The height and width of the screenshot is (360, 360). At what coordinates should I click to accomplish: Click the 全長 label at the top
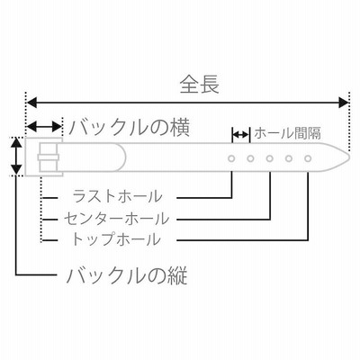[x=199, y=84]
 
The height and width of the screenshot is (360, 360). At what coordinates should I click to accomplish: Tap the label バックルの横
[x=130, y=128]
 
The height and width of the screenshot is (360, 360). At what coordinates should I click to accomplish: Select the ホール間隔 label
[x=287, y=133]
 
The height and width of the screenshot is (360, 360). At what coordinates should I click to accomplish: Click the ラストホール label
[x=117, y=196]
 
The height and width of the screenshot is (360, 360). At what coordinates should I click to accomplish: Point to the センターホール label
[x=116, y=219]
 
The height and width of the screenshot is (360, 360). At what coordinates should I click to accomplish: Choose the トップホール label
[x=115, y=239]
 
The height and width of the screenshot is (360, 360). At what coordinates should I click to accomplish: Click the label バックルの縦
[x=127, y=275]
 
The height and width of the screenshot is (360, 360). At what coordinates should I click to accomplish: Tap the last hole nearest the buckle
[x=231, y=158]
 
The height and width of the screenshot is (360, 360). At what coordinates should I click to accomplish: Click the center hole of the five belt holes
[x=270, y=158]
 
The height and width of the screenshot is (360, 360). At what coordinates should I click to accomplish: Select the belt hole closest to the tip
[x=308, y=158]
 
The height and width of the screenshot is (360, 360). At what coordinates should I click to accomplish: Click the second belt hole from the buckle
[x=250, y=158]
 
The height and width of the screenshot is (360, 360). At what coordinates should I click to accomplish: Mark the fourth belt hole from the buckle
[x=289, y=158]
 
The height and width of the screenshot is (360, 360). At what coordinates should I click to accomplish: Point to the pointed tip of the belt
[x=349, y=157]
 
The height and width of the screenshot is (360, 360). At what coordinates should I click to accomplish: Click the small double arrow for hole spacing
[x=240, y=134]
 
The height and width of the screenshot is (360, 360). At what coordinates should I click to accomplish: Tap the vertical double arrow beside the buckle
[x=16, y=156]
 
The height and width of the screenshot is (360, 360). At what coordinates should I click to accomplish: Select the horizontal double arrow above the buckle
[x=44, y=127]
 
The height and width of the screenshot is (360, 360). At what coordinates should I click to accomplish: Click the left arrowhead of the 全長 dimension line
[x=32, y=103]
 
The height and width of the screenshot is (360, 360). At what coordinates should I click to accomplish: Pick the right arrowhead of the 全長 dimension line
[x=343, y=103]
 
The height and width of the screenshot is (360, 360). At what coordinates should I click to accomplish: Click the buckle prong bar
[x=48, y=157]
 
